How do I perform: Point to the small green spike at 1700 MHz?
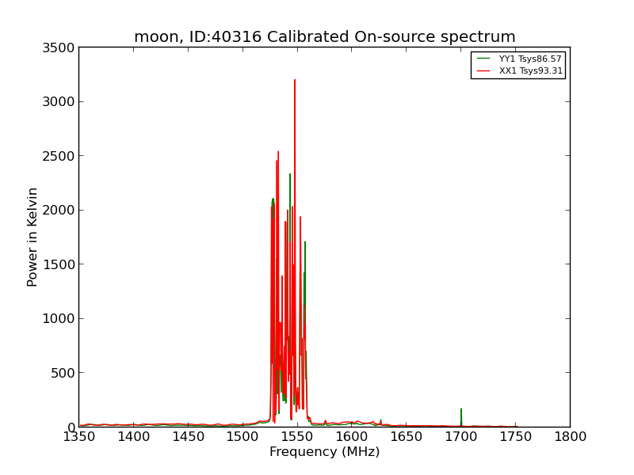tap(461, 417)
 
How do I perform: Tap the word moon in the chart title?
tap(155, 37)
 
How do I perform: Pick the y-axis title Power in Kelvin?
tap(32, 237)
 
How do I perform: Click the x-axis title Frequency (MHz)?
tap(325, 451)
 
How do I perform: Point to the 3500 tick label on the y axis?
tap(59, 47)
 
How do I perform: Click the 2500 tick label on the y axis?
tap(59, 156)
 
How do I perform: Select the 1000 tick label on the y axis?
tap(59, 319)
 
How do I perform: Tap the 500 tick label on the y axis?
tap(63, 373)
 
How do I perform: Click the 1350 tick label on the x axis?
tap(79, 437)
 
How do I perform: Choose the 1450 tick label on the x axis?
tap(189, 437)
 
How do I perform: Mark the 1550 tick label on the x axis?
tap(298, 437)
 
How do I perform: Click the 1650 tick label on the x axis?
tap(407, 437)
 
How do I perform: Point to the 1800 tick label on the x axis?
tap(570, 437)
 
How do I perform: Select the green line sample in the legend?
tap(483, 59)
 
